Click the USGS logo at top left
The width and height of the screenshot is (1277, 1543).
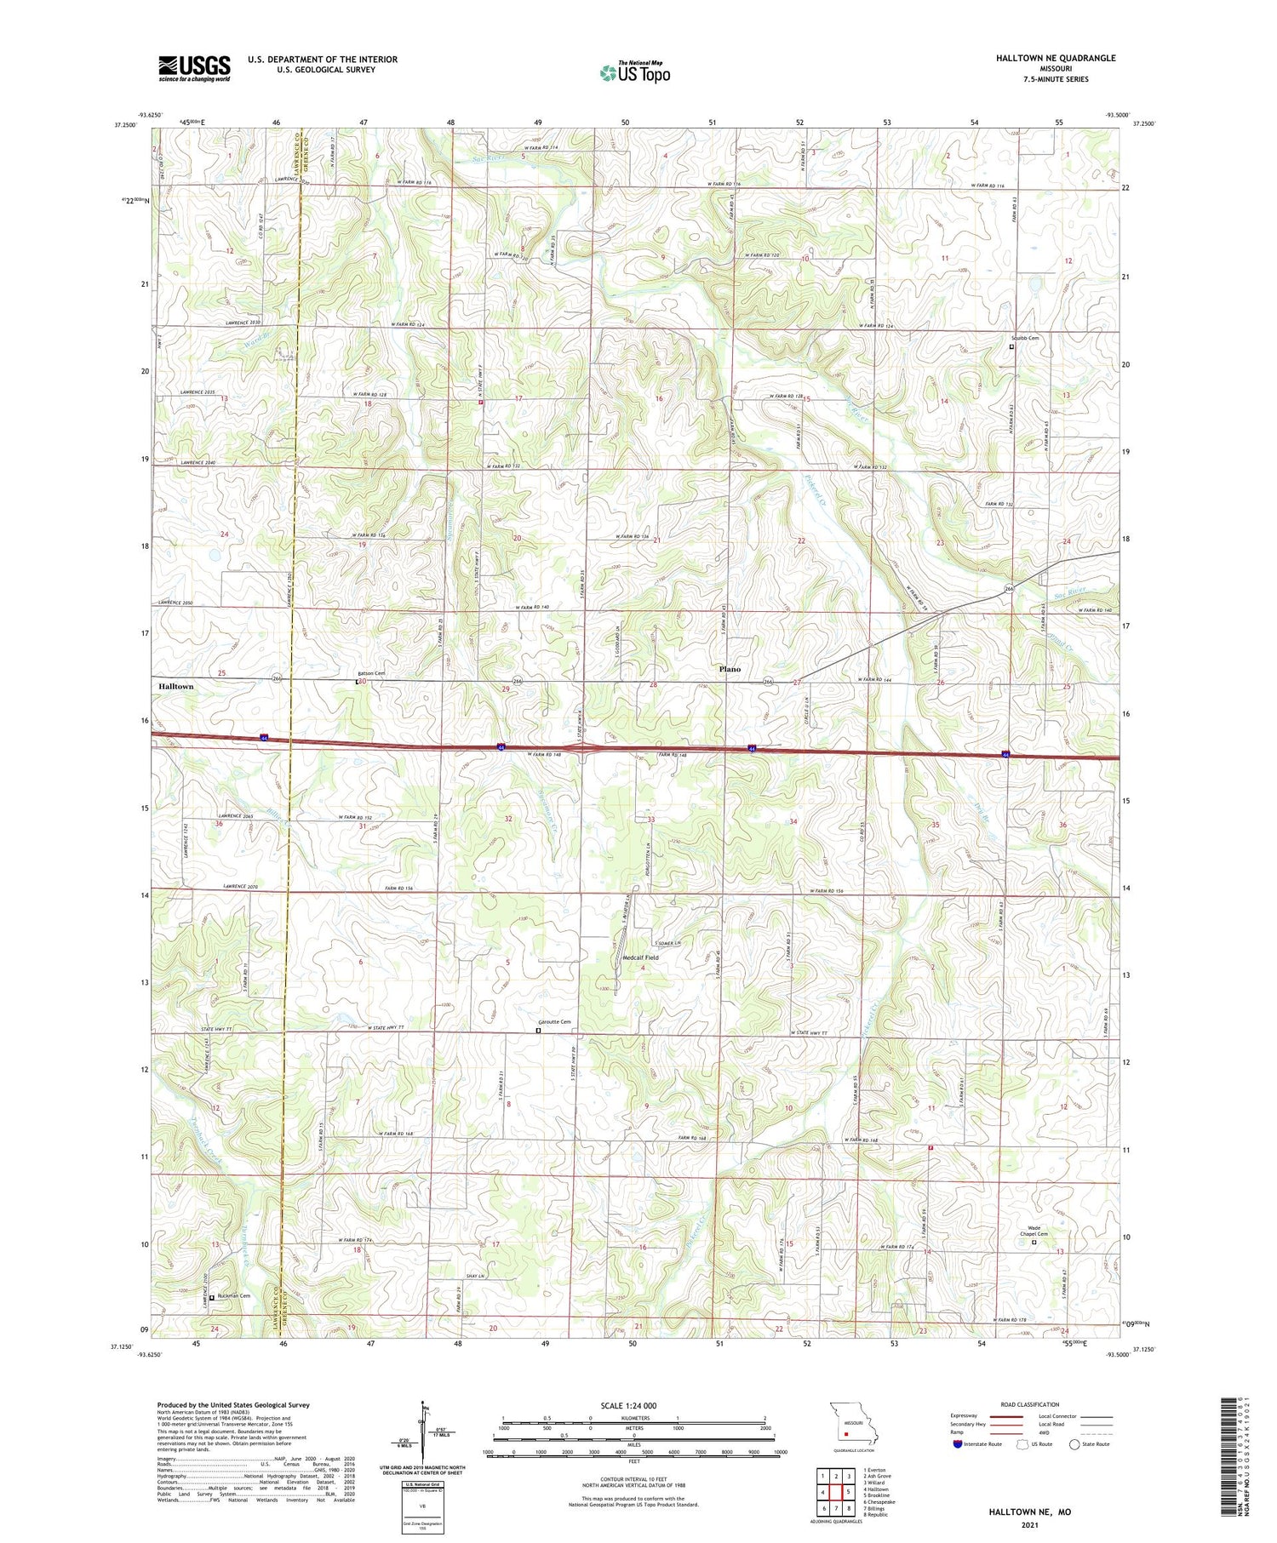(x=194, y=68)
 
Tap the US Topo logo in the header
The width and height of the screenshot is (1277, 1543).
(x=635, y=73)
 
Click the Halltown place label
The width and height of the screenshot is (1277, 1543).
(x=176, y=686)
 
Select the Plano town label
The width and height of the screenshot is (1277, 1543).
(x=730, y=669)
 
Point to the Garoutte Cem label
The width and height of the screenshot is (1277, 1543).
(x=554, y=1022)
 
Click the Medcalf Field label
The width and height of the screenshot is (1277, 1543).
(x=640, y=957)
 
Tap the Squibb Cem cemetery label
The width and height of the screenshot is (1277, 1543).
(x=1024, y=338)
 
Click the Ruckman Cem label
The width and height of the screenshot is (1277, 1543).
(x=233, y=1296)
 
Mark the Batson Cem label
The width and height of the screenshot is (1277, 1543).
(x=371, y=673)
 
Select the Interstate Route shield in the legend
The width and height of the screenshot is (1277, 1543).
(x=958, y=1443)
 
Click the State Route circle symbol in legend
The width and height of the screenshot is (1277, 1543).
(x=1074, y=1443)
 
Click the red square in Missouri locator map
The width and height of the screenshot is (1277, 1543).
(x=846, y=1432)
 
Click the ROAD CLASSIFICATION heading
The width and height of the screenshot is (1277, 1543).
(x=1030, y=1404)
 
